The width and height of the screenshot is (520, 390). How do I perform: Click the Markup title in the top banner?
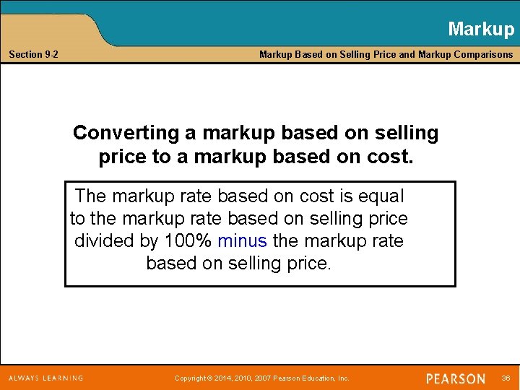tap(480, 29)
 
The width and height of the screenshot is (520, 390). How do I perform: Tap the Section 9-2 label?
tap(34, 54)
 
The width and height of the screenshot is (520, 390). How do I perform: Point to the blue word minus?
tap(242, 240)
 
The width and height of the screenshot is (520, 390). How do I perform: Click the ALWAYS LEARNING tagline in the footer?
tap(45, 378)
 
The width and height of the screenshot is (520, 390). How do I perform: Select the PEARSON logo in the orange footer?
tap(456, 378)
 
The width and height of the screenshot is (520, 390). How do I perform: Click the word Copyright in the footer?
tap(191, 378)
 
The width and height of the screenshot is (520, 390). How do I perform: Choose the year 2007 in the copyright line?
tap(264, 378)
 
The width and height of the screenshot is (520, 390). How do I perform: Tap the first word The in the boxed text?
tap(90, 196)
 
